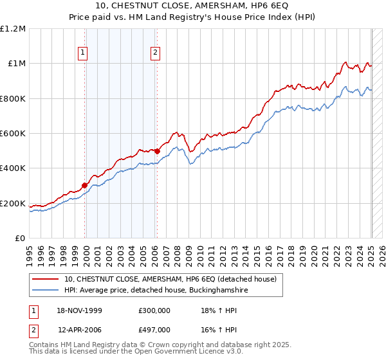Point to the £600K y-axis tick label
(13, 133)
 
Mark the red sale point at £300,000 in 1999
(84, 186)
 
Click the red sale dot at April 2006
(157, 151)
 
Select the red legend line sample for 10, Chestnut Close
(46, 279)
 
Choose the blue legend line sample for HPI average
(46, 291)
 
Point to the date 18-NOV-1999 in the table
(80, 310)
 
